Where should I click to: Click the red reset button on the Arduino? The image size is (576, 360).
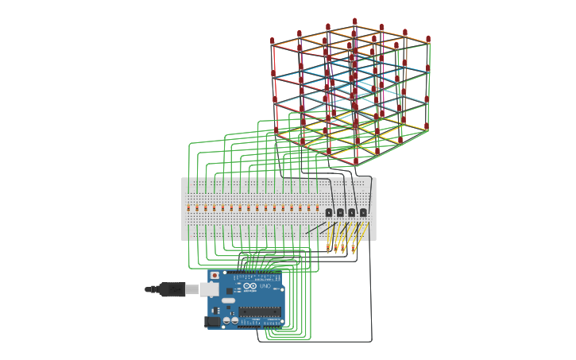tap(215, 276)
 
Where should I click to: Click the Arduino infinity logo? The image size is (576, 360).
tap(249, 286)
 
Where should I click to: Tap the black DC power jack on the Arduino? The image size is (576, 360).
tap(212, 322)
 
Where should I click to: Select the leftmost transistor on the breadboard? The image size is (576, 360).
tap(329, 212)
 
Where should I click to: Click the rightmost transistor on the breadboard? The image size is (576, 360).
tap(363, 212)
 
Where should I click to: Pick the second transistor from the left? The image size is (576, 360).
tap(340, 212)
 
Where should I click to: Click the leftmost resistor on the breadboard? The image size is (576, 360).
tap(188, 208)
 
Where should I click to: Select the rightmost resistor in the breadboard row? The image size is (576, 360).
tap(317, 208)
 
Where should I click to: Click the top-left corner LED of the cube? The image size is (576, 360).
tap(273, 41)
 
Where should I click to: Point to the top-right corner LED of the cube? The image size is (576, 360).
tap(428, 39)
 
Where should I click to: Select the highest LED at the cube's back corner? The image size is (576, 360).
tap(354, 22)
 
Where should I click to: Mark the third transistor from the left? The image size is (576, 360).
tap(352, 212)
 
